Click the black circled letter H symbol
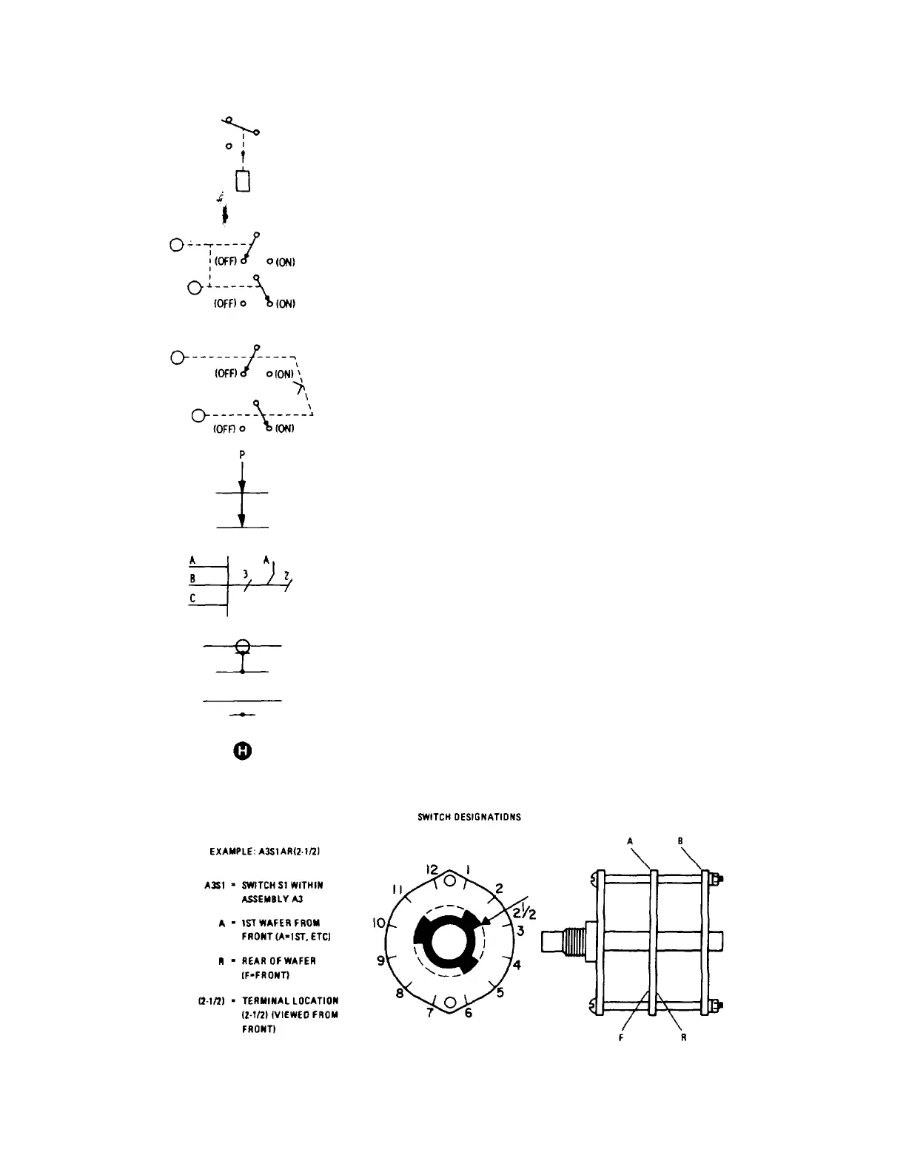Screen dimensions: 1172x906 pos(243,752)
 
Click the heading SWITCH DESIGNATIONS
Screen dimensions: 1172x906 pos(469,818)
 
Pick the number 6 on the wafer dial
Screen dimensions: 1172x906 pos(468,1013)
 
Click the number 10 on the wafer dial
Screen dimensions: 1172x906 pos(379,923)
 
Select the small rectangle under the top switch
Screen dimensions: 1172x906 pos(243,181)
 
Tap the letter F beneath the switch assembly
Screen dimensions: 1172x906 pos(620,1037)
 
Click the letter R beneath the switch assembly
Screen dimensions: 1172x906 pos(683,1037)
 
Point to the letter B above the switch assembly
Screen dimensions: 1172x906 pos(679,840)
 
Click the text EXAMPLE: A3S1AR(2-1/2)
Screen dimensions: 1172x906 pos(264,852)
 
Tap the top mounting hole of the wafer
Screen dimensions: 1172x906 pos(449,881)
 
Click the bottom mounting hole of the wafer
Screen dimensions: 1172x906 pos(449,1003)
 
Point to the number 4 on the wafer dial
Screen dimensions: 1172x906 pos(517,965)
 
